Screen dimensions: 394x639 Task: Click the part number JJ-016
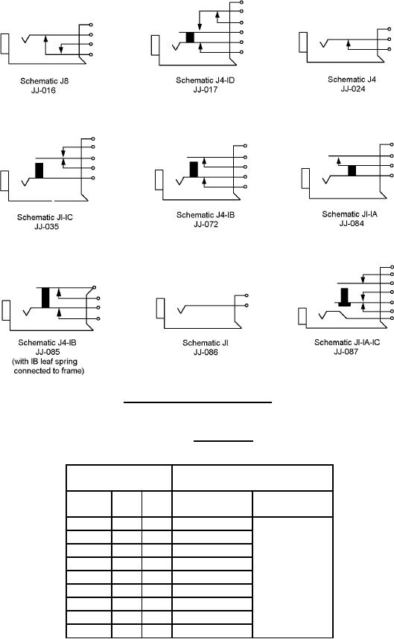tap(43, 91)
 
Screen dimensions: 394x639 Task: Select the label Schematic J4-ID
tap(205, 80)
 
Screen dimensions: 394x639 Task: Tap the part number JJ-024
tap(353, 89)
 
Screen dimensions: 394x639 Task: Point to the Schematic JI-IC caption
tap(45, 217)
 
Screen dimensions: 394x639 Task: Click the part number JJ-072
tap(206, 224)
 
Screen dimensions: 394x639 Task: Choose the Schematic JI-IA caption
tap(349, 214)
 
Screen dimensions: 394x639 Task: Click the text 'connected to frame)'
tap(49, 371)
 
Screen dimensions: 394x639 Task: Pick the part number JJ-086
tap(206, 352)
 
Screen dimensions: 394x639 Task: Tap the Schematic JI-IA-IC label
tap(346, 342)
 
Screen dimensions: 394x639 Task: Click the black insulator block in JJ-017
tap(190, 37)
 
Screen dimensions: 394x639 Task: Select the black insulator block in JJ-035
tap(39, 171)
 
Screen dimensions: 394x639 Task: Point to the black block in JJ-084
tap(352, 171)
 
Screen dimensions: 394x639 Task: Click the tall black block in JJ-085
tap(45, 298)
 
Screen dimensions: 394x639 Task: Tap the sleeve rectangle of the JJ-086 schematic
tap(160, 308)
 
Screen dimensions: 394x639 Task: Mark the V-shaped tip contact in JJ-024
tap(324, 42)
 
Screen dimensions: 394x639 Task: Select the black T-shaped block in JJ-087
tap(345, 298)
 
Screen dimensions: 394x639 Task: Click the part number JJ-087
tap(346, 352)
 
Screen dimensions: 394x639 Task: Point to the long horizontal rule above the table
tap(197, 402)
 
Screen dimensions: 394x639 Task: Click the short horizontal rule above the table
tap(223, 440)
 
